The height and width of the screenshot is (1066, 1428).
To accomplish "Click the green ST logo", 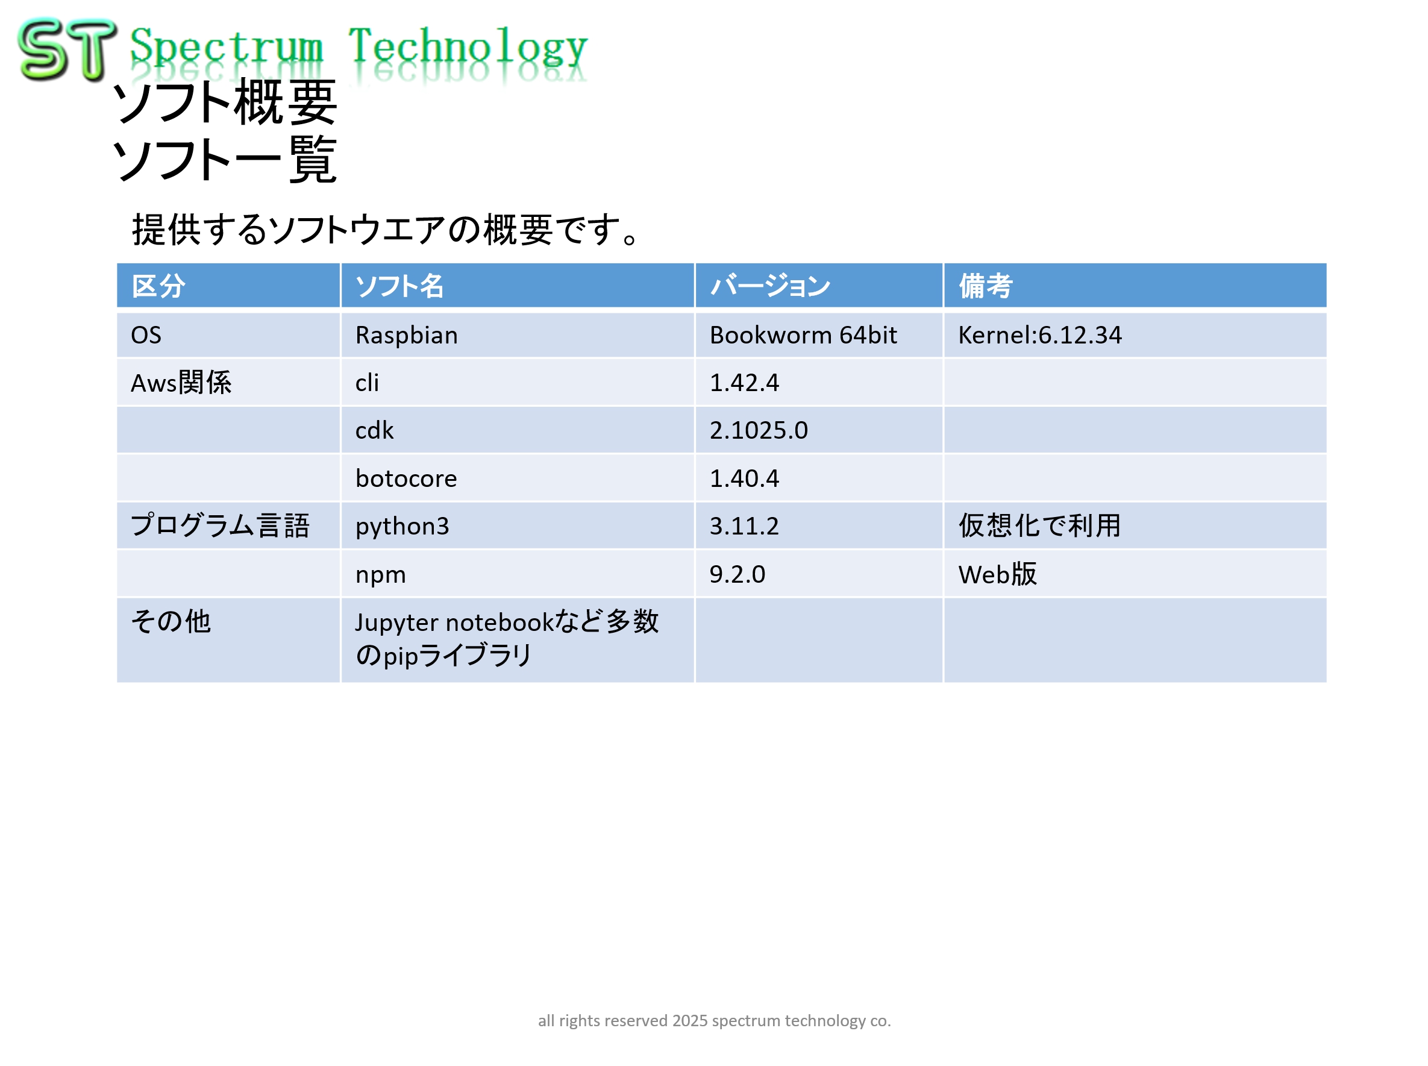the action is point(67,49).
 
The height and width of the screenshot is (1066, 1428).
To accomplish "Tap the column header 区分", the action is point(158,286).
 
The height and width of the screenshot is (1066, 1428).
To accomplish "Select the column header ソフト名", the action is point(399,286).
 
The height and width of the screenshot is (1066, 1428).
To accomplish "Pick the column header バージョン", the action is point(770,286).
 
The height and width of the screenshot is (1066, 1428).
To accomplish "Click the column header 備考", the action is point(985,286).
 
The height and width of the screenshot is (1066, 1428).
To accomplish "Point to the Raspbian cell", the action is point(407,335).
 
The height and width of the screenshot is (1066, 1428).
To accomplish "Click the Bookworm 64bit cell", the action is point(803,335).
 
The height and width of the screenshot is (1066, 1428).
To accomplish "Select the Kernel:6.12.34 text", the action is point(1039,335).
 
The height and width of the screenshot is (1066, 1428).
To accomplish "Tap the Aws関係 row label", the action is point(181,383).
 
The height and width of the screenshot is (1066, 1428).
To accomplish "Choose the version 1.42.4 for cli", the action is point(744,383).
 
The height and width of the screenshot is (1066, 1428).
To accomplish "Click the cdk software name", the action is point(374,430).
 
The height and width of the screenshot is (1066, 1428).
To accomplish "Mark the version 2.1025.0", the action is point(759,430).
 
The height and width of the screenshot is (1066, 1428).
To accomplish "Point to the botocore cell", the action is point(406,478).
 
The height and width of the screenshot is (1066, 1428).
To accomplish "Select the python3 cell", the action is point(402,527).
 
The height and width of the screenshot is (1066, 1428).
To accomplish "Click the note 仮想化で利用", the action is point(1039,525).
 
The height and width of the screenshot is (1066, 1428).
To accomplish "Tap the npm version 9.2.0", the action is point(737,574).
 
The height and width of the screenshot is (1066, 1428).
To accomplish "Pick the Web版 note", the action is point(998,574).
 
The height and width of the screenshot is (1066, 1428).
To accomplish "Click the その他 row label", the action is point(171,621).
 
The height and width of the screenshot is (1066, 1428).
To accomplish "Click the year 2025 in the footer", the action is point(690,1020).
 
